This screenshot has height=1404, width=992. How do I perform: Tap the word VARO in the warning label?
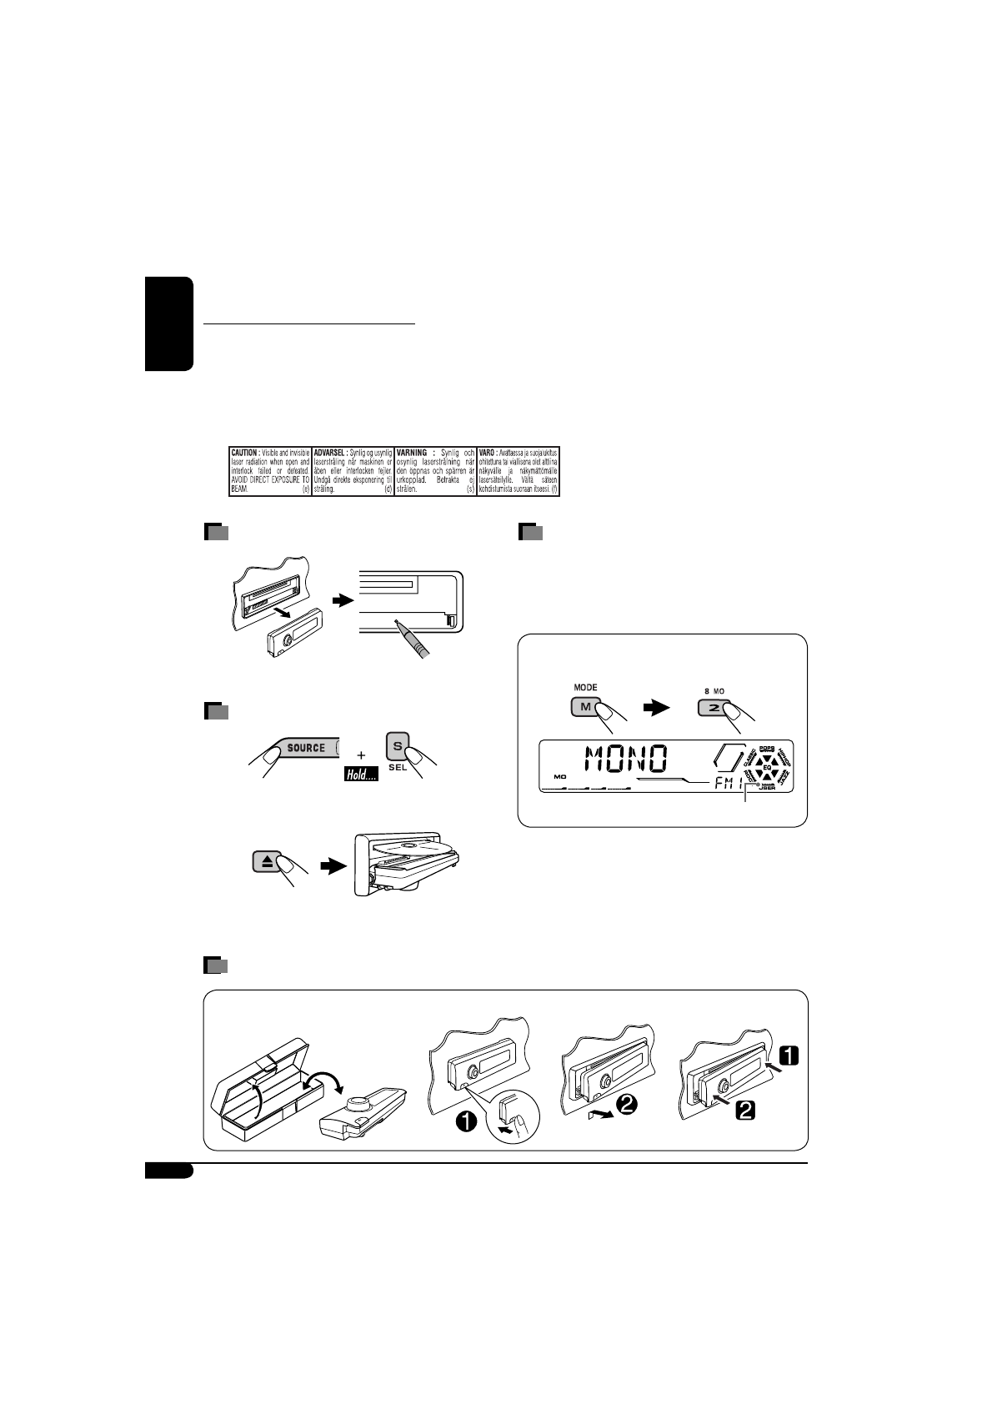(x=487, y=451)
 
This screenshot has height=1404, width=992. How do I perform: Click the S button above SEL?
(x=398, y=745)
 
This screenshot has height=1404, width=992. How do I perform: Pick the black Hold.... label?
(x=362, y=775)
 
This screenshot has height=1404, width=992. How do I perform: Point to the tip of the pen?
(x=397, y=622)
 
